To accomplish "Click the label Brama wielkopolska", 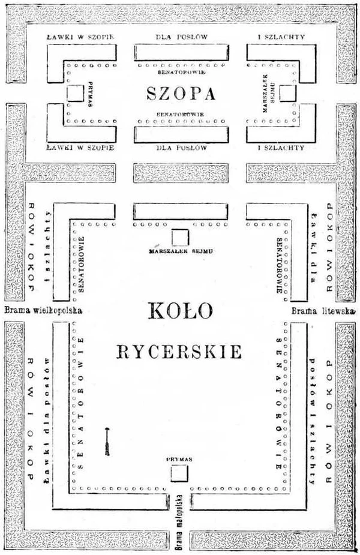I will (x=43, y=311).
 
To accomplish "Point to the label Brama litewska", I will (x=323, y=311).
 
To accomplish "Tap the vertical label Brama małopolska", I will (x=178, y=527).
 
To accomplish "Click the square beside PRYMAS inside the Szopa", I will (x=74, y=93).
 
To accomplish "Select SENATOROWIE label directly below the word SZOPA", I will (x=181, y=114).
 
